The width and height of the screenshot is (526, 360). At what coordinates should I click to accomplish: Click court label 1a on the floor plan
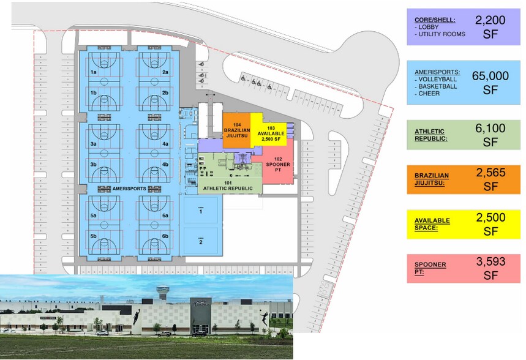click(94, 72)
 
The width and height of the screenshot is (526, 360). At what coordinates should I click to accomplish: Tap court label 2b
click(165, 92)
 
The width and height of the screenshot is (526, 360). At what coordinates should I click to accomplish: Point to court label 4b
click(165, 164)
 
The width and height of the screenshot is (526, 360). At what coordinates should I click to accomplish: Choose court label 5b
click(94, 236)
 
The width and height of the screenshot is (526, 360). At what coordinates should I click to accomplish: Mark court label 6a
click(165, 216)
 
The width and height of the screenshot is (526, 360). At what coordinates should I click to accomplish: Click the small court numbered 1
click(200, 211)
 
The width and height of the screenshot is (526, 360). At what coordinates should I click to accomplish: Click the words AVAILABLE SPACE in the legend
click(432, 224)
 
